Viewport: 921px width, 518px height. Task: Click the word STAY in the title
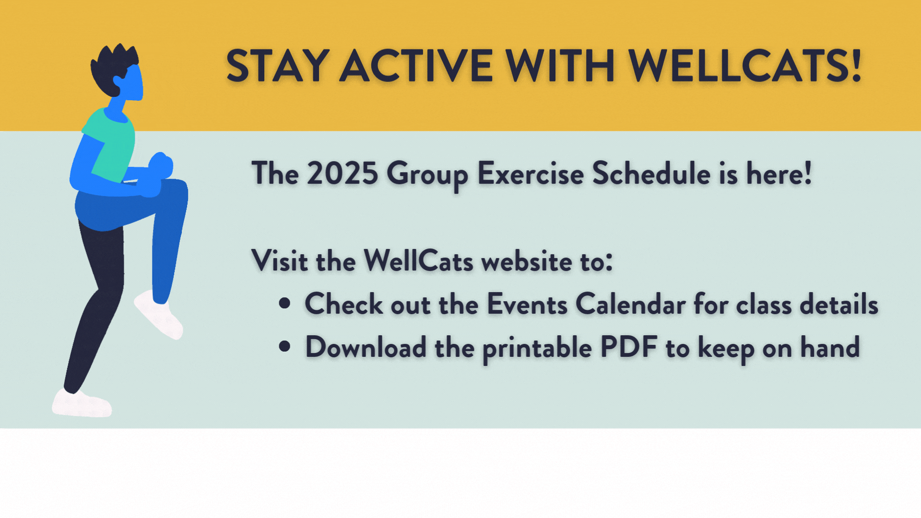(x=277, y=66)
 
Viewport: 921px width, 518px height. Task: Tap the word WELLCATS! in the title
(x=745, y=66)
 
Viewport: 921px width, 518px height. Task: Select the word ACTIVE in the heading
(x=416, y=66)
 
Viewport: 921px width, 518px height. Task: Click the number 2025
(x=342, y=173)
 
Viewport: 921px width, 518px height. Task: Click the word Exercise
(x=531, y=173)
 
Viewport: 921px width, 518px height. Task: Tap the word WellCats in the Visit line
(x=419, y=261)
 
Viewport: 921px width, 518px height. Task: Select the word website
(x=527, y=261)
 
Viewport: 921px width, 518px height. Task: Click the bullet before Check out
(x=284, y=303)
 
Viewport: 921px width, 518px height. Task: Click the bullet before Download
(x=284, y=346)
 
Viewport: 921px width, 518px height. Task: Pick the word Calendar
(x=630, y=304)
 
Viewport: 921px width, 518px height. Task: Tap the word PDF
(x=628, y=347)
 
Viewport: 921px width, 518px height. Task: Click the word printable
(x=537, y=349)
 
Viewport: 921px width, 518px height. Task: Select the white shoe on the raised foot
(x=158, y=315)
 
